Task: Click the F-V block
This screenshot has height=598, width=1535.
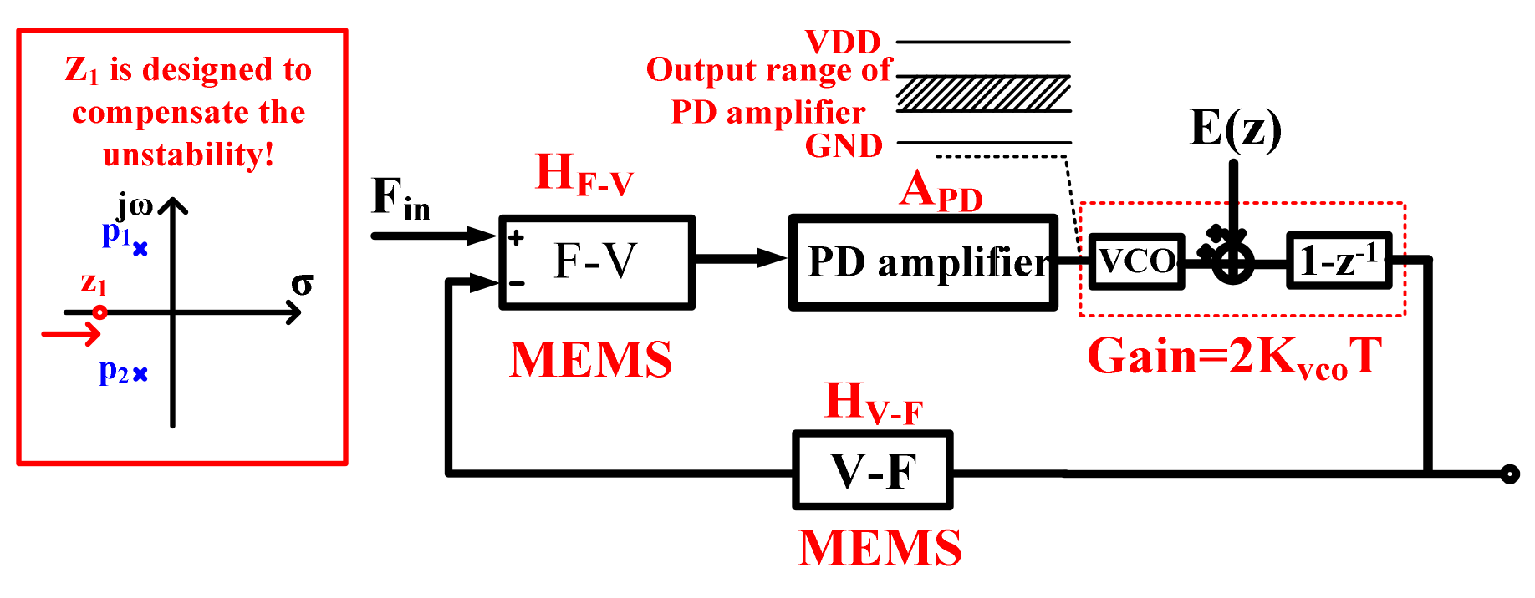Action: [596, 262]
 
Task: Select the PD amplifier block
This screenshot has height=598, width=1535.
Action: [924, 263]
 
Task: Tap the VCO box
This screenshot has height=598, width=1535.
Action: [1137, 261]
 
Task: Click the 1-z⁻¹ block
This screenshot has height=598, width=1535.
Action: [1339, 261]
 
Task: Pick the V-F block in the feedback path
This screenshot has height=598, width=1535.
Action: [873, 470]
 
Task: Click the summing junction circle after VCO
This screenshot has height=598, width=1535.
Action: [1233, 263]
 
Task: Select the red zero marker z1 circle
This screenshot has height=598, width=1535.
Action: [99, 312]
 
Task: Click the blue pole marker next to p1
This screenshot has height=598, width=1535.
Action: [140, 249]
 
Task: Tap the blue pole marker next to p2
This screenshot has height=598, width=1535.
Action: [140, 374]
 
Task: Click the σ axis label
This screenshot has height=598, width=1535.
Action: [302, 285]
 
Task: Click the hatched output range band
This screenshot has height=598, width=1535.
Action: [983, 94]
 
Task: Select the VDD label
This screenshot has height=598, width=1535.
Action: [843, 42]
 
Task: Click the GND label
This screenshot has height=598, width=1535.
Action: [844, 146]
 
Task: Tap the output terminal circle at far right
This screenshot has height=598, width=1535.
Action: [1509, 474]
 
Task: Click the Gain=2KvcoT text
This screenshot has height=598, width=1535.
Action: [1233, 357]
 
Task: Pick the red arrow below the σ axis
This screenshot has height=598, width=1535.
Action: [72, 335]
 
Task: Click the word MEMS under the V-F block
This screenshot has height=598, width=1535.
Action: [880, 548]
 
